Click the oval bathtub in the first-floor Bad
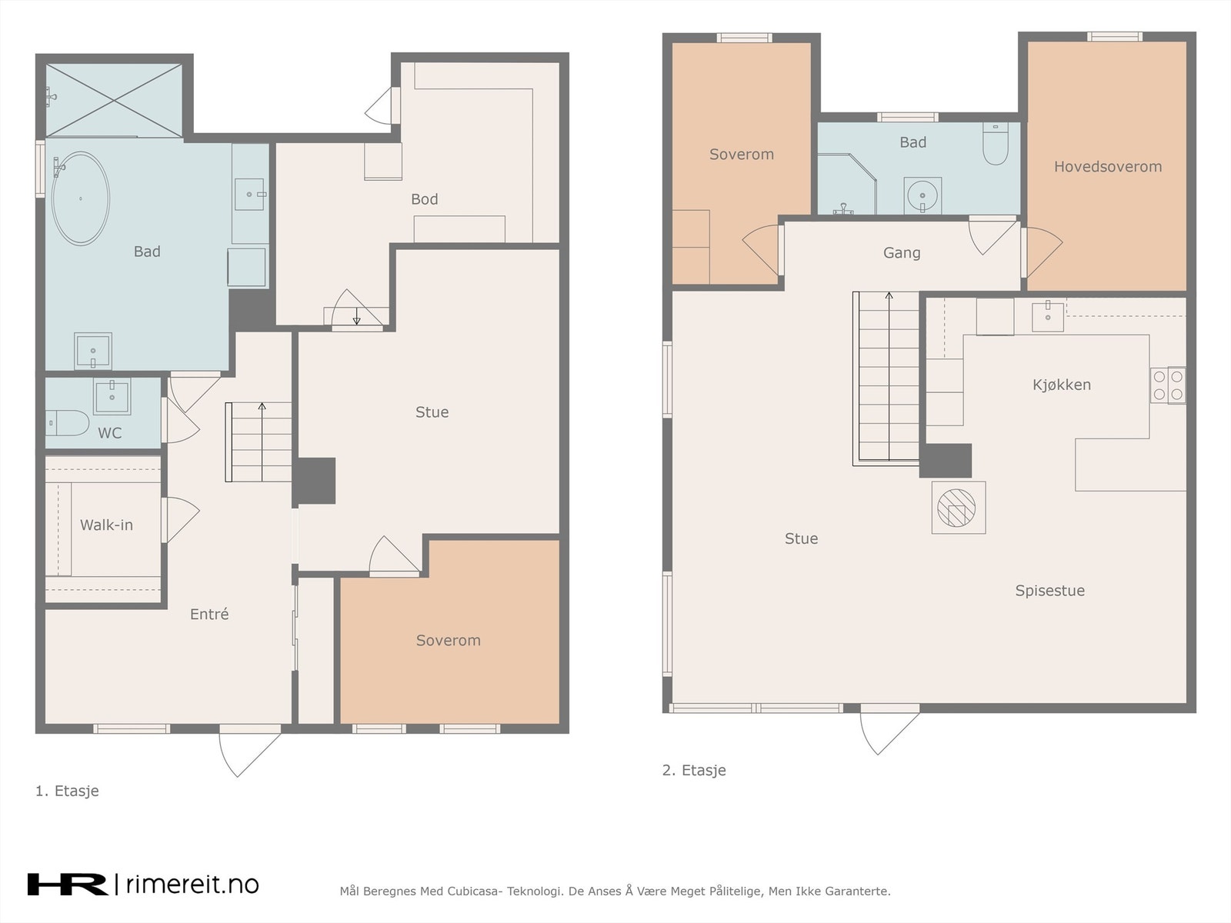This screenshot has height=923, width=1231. tap(81, 198)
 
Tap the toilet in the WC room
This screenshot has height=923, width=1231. tap(67, 423)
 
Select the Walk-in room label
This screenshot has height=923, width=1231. tap(106, 525)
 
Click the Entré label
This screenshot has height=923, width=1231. tap(209, 615)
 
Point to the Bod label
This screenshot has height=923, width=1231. tap(425, 199)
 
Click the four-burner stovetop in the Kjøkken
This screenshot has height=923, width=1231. tap(1168, 385)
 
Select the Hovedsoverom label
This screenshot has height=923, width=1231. tap(1108, 166)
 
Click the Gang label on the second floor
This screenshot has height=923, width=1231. tap(902, 253)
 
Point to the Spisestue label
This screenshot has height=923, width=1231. tap(1050, 591)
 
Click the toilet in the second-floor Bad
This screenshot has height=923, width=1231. tap(996, 144)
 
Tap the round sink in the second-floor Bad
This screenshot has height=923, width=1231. tap(922, 195)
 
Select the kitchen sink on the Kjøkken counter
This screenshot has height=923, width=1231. tap(1048, 316)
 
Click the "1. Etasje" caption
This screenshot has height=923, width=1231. tap(67, 791)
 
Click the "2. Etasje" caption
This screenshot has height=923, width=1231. tap(694, 770)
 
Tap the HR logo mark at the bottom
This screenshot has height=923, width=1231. tap(67, 885)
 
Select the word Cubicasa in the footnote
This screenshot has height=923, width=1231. tap(475, 891)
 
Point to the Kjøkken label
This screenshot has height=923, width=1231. tap(1062, 385)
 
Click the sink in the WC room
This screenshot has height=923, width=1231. tap(112, 395)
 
